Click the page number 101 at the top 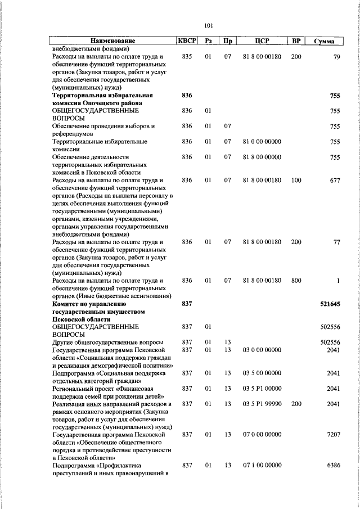point(208,25)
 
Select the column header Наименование point(113,41)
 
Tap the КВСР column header point(187,41)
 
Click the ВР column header point(296,41)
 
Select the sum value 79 point(336,57)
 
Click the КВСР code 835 point(187,57)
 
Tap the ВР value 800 point(296,280)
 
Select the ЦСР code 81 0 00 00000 point(262,142)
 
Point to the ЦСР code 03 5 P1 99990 point(262,404)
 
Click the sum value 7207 point(334,435)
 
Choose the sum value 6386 point(334,466)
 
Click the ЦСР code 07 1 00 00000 point(262,466)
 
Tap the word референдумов point(74,134)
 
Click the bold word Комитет point(66,304)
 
